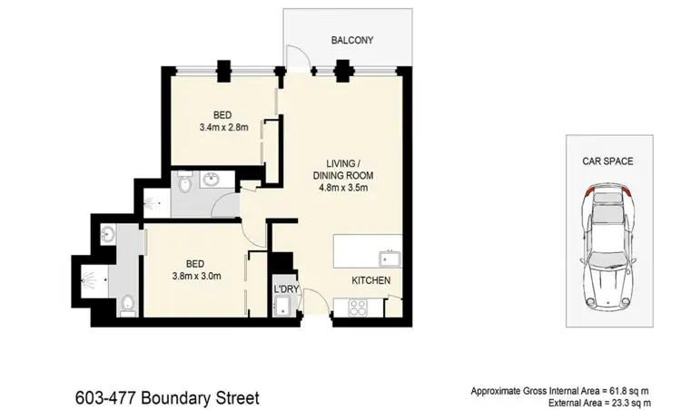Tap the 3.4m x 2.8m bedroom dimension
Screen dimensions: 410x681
coord(222,128)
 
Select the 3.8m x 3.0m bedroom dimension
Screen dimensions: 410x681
coord(198,277)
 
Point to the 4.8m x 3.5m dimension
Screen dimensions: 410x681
coord(343,189)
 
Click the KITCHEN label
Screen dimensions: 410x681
coord(371,281)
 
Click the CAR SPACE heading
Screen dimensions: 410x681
coord(607,161)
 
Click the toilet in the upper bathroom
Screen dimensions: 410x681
coord(185,184)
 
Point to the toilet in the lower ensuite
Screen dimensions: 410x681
coord(128,303)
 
